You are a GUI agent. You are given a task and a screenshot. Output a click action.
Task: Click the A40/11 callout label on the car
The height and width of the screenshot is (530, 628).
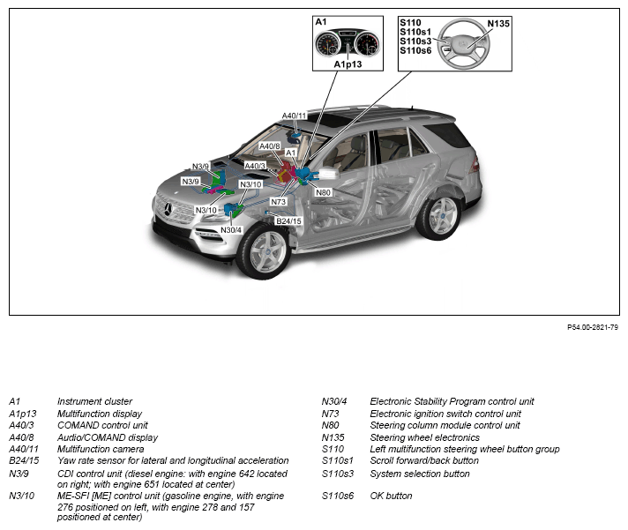pos(295,116)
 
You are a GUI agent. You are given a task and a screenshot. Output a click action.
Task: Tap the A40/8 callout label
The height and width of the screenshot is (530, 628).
pos(270,146)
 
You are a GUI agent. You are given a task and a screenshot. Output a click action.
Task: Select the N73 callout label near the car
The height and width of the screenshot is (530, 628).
pos(280,202)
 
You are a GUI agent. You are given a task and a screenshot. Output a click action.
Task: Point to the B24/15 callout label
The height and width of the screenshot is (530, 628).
pos(288,220)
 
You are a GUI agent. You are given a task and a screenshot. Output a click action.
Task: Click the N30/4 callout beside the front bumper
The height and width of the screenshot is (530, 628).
pos(231,230)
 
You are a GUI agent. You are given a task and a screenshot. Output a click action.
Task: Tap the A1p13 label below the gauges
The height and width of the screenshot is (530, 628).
pos(348,64)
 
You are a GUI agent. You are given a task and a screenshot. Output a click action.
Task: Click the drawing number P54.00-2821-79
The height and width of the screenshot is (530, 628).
pos(592,327)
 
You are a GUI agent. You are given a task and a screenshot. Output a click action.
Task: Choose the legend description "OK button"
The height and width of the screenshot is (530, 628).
pos(391,496)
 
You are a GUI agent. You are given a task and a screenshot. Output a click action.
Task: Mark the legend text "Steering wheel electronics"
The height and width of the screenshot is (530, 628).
pos(424,437)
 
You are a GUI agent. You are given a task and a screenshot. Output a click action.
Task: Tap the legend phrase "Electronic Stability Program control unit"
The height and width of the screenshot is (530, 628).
pos(452,401)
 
